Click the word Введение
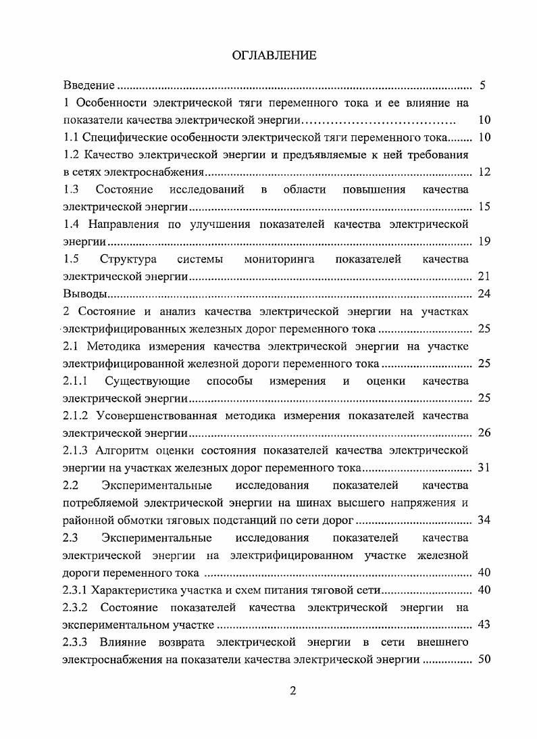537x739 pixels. click(88, 86)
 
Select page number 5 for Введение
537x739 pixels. click(482, 86)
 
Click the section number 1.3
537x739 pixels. click(71, 189)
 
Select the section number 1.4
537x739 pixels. click(71, 224)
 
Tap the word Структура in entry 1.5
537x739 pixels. click(128, 259)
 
